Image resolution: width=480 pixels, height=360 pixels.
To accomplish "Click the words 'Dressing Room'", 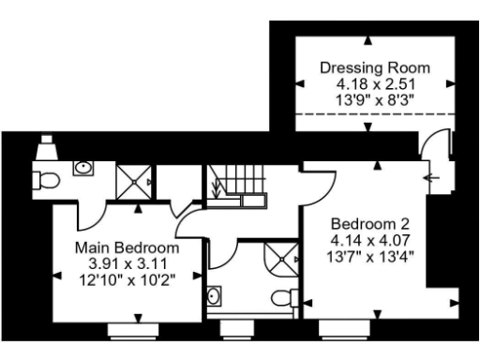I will click(375, 67).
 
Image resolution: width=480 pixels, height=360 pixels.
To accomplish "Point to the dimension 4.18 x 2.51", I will click(375, 83).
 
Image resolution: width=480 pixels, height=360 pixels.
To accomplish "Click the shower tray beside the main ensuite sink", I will click(133, 179).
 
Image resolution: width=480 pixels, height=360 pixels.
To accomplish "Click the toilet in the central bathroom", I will click(283, 298).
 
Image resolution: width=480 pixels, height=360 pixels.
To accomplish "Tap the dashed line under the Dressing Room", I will click(375, 112).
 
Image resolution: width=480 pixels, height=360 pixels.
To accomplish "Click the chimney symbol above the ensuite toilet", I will click(45, 148).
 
